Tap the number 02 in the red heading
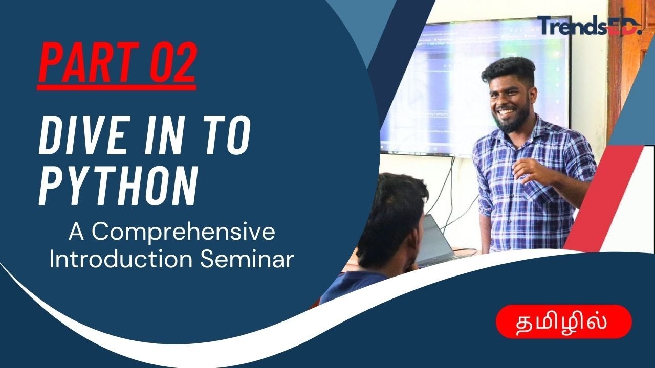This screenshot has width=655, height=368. (172, 62)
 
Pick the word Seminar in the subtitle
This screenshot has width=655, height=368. (247, 259)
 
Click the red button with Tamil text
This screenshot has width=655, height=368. (564, 321)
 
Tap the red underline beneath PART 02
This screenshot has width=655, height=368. (117, 87)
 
